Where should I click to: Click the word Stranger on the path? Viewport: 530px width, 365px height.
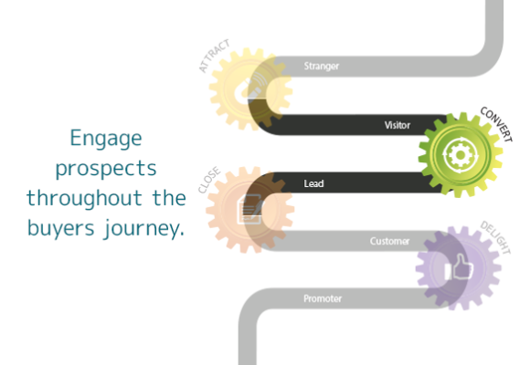pos(321,66)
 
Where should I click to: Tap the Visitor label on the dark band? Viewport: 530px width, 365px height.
pos(397,125)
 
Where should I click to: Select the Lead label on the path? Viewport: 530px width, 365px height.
pos(313,183)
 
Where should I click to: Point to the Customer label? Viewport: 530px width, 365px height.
pos(389,241)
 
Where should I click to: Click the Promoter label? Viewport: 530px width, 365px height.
pos(323,298)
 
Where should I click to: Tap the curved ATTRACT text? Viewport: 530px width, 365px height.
pos(215,56)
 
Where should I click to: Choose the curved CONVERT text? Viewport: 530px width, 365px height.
pos(496,124)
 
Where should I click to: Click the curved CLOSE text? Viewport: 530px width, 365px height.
pos(209,180)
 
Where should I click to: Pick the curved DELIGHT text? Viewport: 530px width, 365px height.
pos(495,237)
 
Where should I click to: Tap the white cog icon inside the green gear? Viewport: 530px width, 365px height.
pos(460,155)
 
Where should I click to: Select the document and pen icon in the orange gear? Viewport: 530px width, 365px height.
pos(249,209)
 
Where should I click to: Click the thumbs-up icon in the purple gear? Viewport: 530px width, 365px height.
pos(458,267)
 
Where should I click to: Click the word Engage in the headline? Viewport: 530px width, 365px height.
pos(106,139)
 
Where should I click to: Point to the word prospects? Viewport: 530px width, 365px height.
pos(106,169)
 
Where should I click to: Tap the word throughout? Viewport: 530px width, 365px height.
pos(84,197)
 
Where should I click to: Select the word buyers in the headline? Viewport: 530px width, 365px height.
pos(60,227)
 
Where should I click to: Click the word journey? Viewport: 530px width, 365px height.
pos(144,229)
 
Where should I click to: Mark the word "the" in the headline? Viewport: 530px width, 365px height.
pos(169,197)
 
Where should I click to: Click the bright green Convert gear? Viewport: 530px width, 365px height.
pos(460,155)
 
